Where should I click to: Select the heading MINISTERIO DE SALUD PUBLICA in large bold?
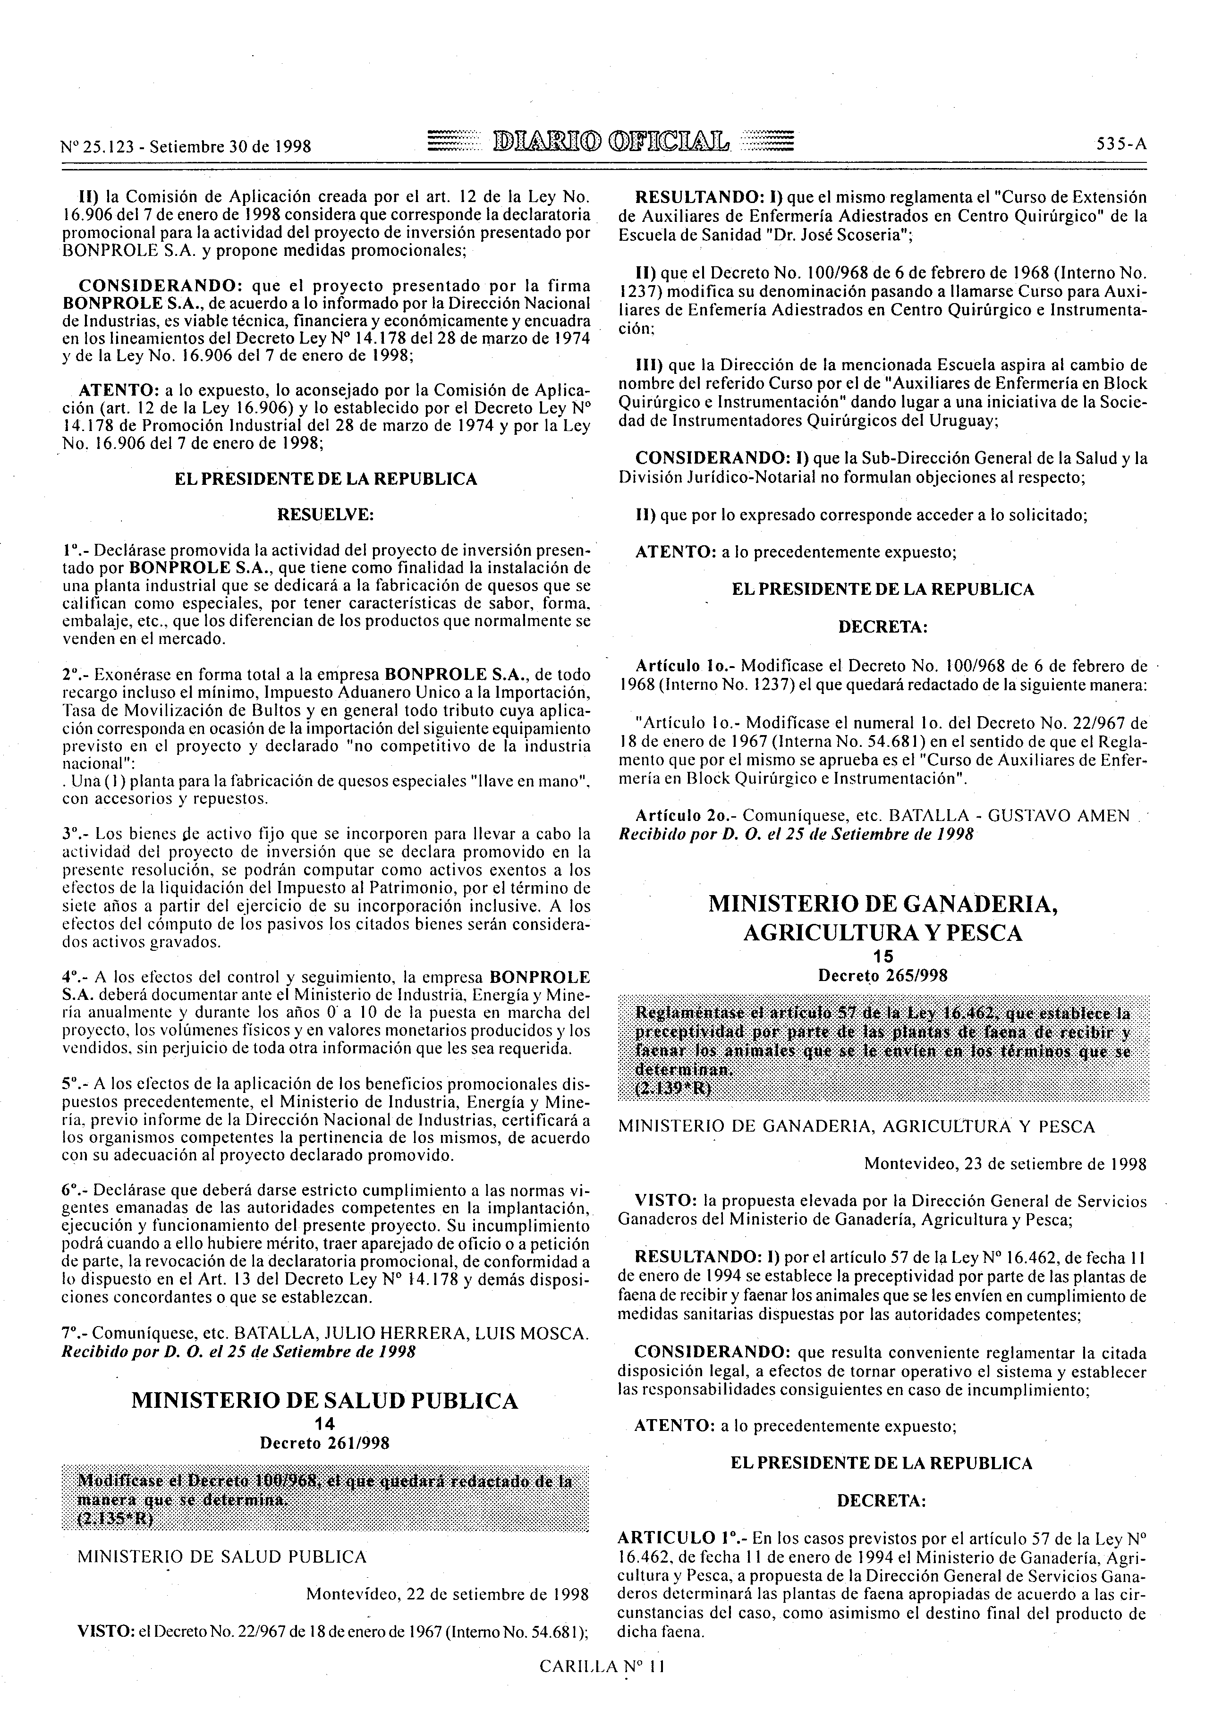click(325, 1401)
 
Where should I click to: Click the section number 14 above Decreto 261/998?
click(325, 1425)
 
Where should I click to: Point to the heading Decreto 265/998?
click(883, 975)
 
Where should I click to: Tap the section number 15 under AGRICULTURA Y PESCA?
click(883, 956)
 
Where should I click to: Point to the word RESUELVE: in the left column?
click(325, 515)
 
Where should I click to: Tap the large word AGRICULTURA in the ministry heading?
click(818, 933)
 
